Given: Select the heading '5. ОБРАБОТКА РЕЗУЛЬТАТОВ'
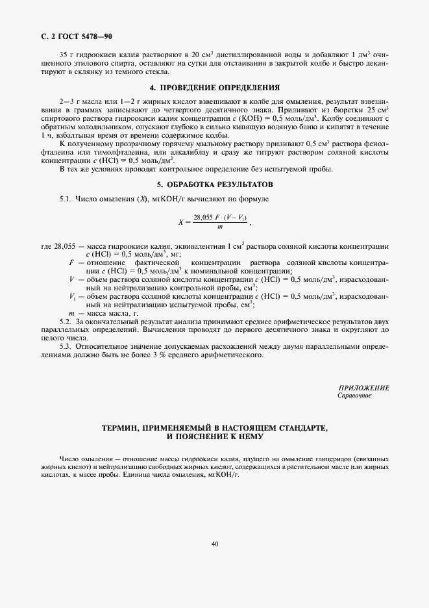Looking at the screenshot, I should coord(214,184).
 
